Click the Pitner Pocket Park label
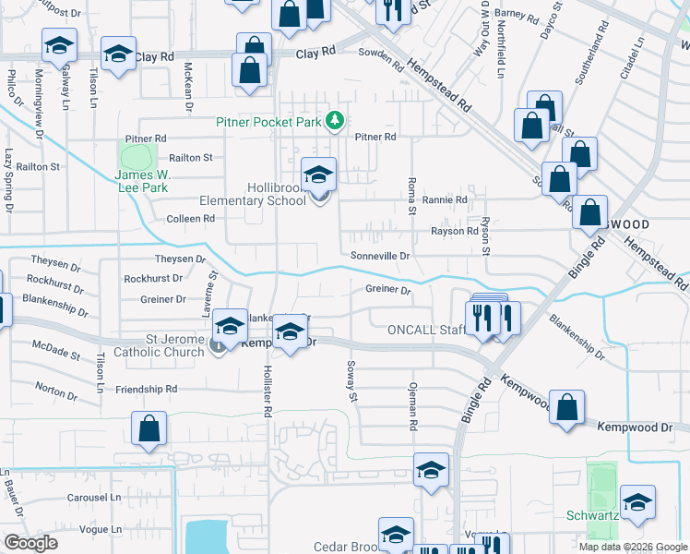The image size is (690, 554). click(x=268, y=121)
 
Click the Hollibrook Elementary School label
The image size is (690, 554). click(x=253, y=193)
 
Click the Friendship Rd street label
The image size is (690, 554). click(x=146, y=390)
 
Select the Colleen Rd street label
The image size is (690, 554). click(x=190, y=219)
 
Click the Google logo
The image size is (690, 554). click(x=31, y=543)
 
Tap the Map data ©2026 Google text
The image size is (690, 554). click(x=632, y=546)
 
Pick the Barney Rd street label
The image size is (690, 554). click(x=517, y=15)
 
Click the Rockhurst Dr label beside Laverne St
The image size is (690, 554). click(x=152, y=278)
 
